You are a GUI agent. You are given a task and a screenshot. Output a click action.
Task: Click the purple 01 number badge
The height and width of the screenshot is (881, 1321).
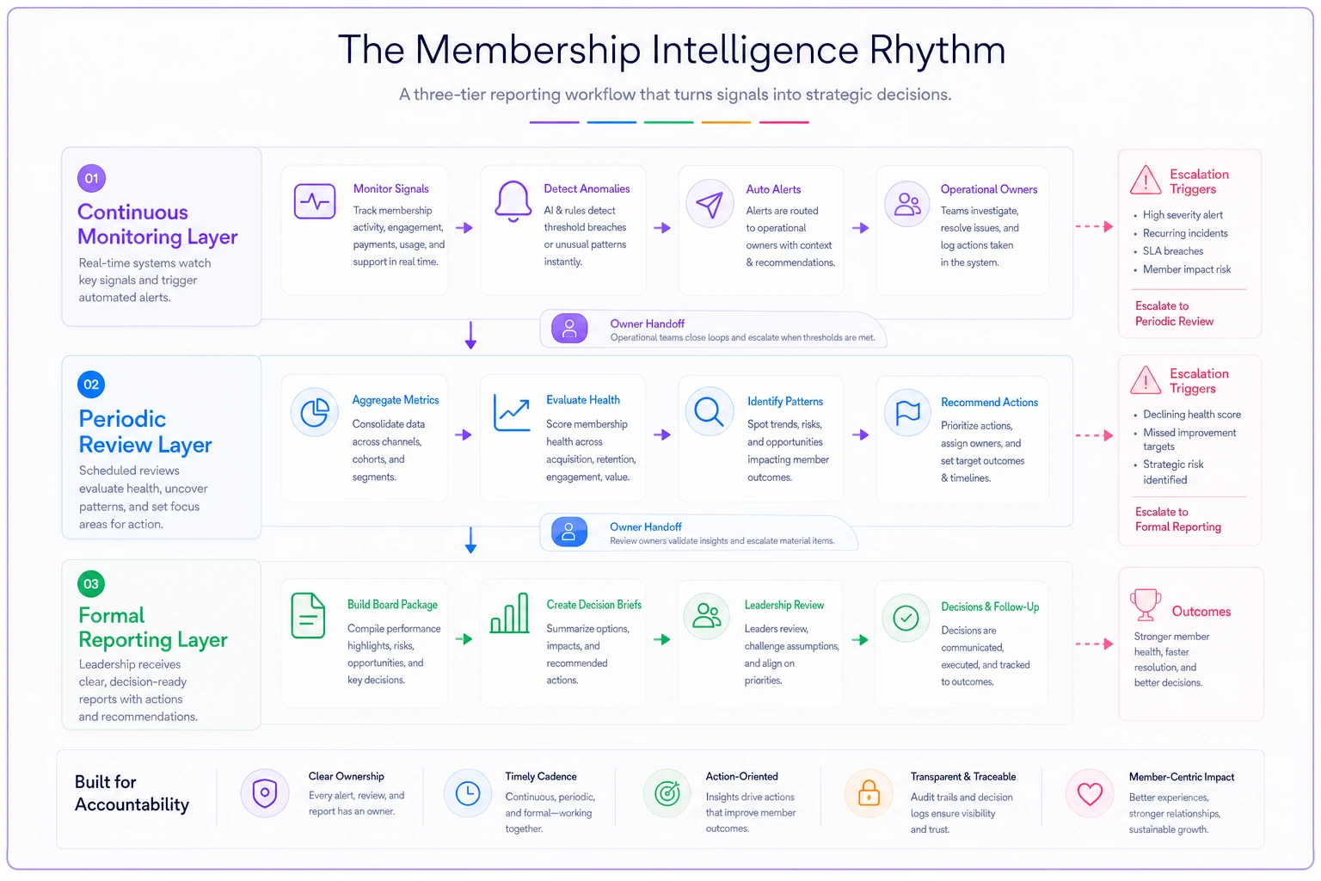pyautogui.click(x=91, y=178)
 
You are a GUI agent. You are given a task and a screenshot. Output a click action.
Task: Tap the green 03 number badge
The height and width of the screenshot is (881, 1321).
pyautogui.click(x=91, y=583)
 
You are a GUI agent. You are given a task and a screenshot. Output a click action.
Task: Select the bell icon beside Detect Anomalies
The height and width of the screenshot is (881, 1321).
pyautogui.click(x=513, y=201)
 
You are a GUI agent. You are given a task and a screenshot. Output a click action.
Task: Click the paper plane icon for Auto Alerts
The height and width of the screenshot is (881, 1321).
pyautogui.click(x=710, y=204)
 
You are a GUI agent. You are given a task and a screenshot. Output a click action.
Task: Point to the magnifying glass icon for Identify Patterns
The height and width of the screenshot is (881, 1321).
pyautogui.click(x=709, y=411)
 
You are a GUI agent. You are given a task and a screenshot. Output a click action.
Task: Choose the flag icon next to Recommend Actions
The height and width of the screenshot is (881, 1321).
pyautogui.click(x=907, y=412)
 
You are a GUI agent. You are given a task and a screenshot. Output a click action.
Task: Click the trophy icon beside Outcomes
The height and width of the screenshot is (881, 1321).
pyautogui.click(x=1146, y=604)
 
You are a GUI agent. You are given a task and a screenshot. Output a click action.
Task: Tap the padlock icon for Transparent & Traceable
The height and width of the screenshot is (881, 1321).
pyautogui.click(x=869, y=792)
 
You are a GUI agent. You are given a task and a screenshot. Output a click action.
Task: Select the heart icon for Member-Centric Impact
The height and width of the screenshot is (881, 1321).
pyautogui.click(x=1090, y=793)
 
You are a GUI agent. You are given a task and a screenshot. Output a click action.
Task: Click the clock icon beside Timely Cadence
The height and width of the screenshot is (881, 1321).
pyautogui.click(x=468, y=793)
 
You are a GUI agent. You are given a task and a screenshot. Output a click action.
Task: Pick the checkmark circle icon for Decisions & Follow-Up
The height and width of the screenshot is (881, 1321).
pyautogui.click(x=906, y=618)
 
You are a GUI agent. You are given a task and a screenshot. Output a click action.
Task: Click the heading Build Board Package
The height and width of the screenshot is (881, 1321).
pyautogui.click(x=392, y=604)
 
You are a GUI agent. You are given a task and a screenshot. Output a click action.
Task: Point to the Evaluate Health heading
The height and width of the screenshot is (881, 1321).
pyautogui.click(x=582, y=399)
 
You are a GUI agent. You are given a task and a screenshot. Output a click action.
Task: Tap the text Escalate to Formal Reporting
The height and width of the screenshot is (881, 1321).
pyautogui.click(x=1177, y=520)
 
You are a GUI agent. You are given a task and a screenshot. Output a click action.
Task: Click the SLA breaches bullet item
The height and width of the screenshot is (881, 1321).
pyautogui.click(x=1172, y=250)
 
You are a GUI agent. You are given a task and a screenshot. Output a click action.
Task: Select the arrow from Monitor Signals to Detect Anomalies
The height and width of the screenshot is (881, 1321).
pyautogui.click(x=464, y=228)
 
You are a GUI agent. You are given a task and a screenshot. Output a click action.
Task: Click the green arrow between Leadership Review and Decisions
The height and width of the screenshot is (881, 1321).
pyautogui.click(x=860, y=639)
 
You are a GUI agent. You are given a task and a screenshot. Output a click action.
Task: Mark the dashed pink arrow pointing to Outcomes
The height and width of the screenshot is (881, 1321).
pyautogui.click(x=1094, y=644)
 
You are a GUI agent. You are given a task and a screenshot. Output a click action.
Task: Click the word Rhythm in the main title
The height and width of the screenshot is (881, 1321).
pyautogui.click(x=937, y=50)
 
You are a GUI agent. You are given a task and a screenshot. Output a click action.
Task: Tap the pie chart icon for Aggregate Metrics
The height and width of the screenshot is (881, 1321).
pyautogui.click(x=314, y=411)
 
